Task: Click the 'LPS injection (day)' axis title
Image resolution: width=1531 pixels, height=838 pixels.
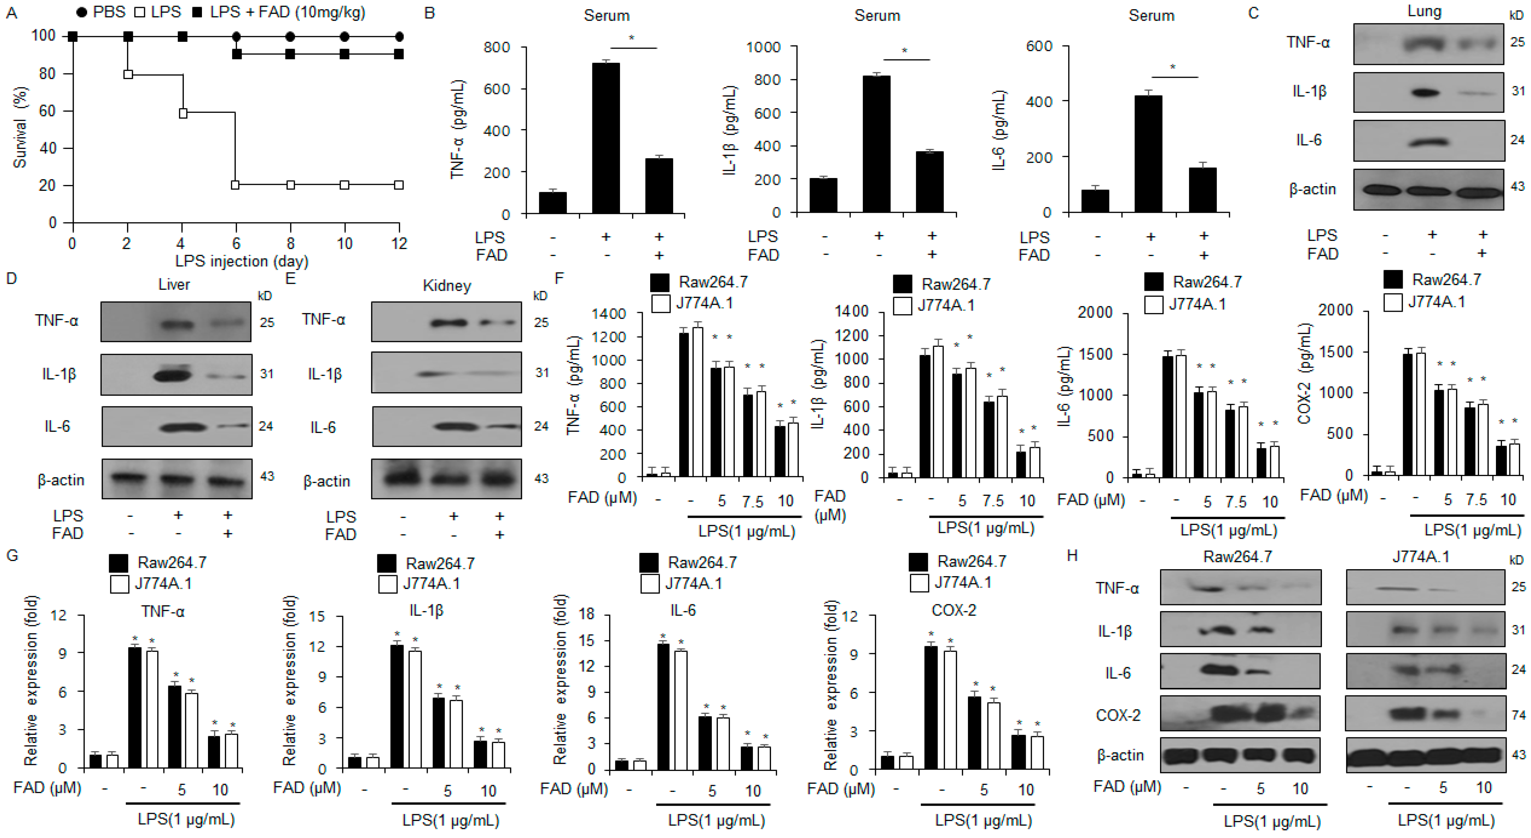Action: click(x=241, y=261)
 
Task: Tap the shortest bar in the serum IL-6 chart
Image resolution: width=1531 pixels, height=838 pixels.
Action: click(x=1095, y=201)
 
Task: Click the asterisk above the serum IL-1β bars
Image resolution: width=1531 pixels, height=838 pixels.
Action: click(x=905, y=51)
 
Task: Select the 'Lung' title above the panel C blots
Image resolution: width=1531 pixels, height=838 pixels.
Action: click(x=1424, y=11)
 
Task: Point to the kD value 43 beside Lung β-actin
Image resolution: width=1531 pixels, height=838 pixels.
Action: click(x=1517, y=187)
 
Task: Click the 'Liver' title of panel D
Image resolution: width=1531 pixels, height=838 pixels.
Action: click(x=174, y=284)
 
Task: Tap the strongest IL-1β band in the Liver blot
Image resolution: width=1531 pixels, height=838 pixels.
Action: click(x=173, y=375)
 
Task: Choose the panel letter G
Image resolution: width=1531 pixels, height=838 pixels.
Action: click(x=12, y=555)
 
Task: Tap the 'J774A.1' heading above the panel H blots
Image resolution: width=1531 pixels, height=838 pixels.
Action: click(x=1420, y=557)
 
